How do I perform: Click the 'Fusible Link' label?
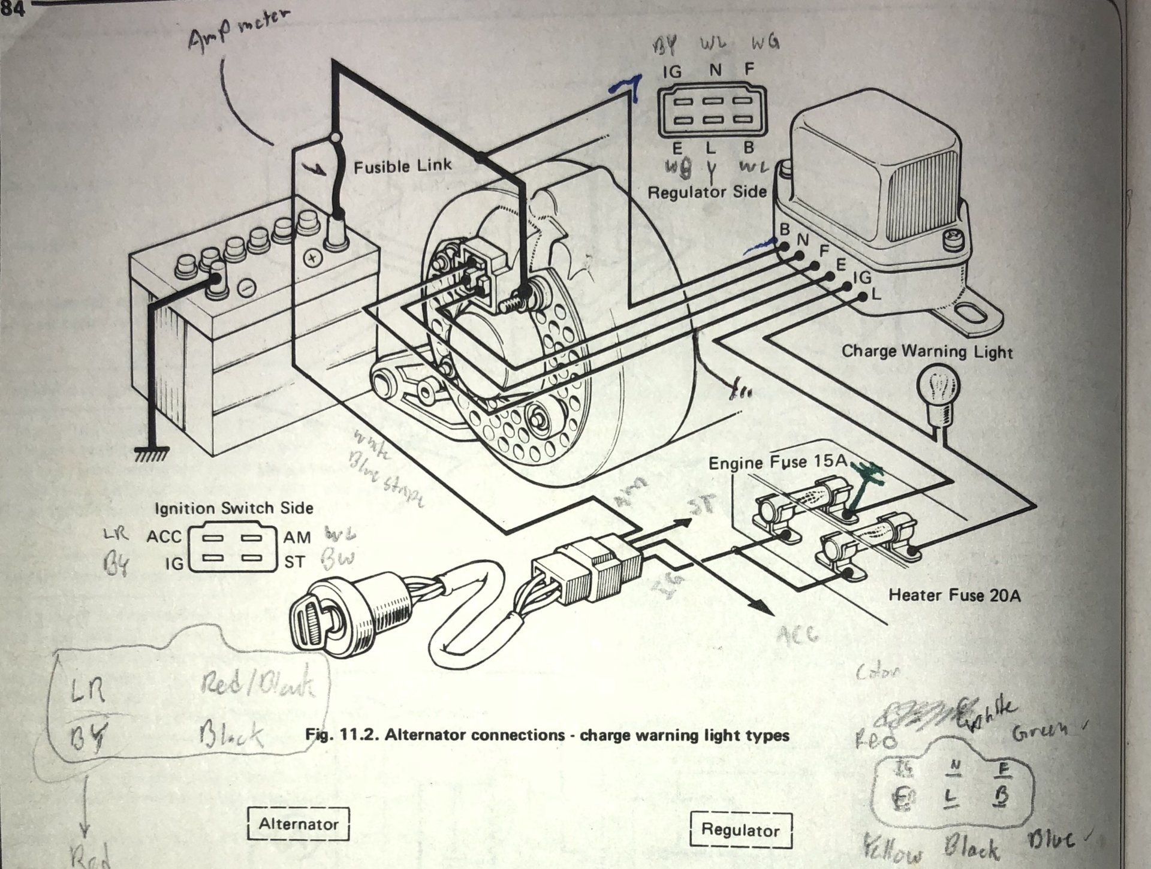pos(402,166)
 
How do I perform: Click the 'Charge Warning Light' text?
pos(927,351)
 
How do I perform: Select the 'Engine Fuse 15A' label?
pos(778,462)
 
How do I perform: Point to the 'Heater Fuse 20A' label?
pos(954,595)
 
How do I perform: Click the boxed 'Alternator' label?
pos(298,824)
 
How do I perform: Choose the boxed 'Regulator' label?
pos(740,829)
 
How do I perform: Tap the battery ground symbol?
pos(152,454)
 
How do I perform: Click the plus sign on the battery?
pos(312,258)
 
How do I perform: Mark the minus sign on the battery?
pos(246,288)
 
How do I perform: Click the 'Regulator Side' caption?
pos(707,192)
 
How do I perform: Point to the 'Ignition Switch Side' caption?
pos(234,508)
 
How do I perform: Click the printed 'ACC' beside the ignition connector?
pos(163,536)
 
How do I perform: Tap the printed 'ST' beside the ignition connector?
pos(294,562)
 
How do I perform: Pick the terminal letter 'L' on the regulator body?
pos(876,294)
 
